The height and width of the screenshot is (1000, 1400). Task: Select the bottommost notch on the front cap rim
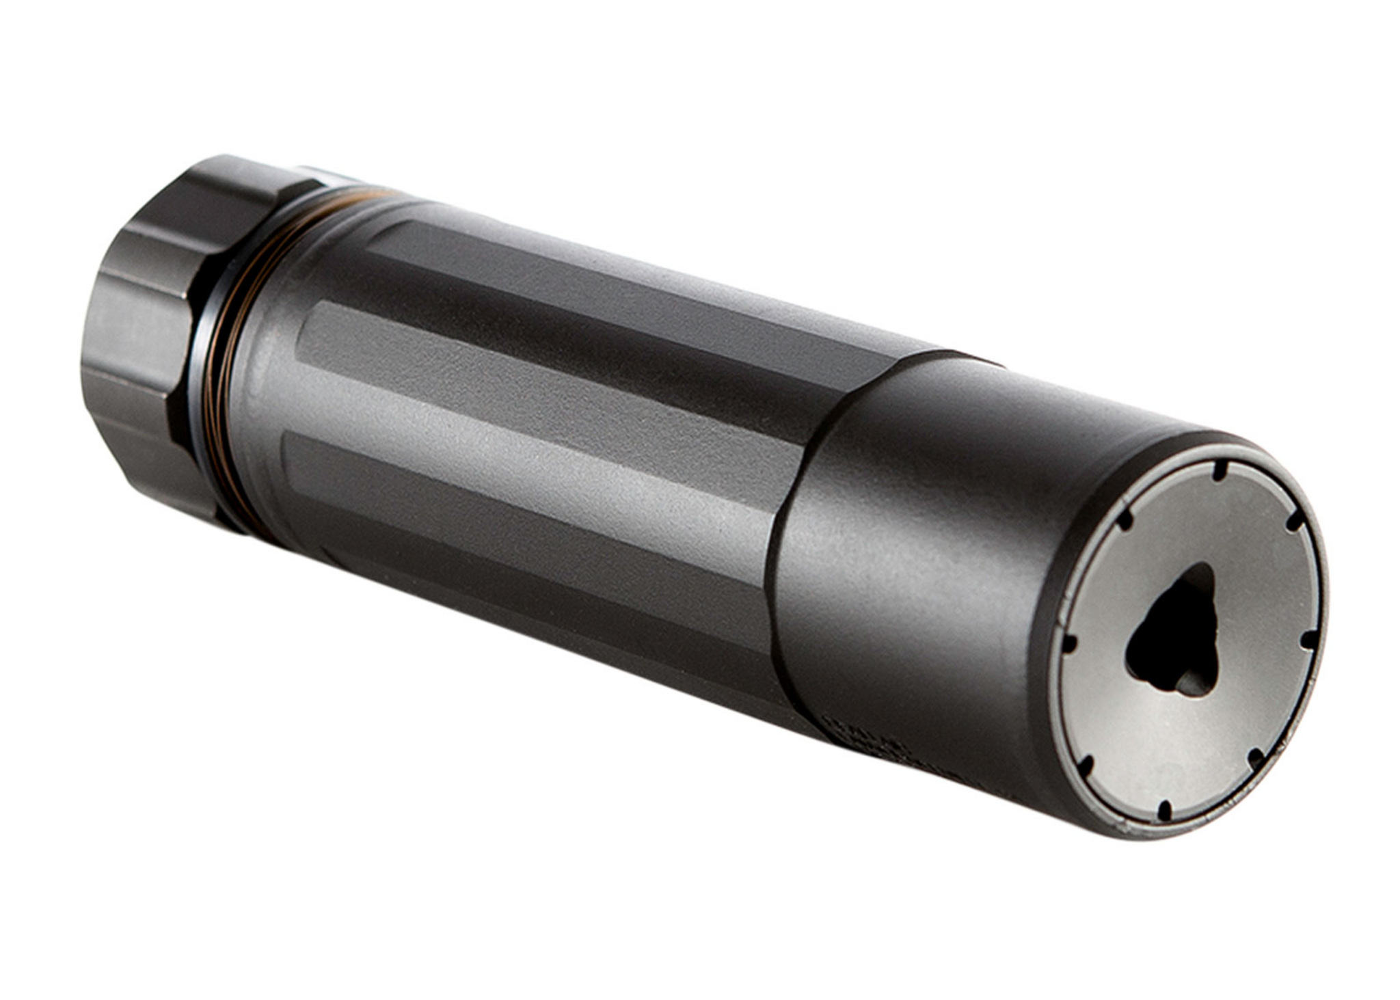pyautogui.click(x=1164, y=811)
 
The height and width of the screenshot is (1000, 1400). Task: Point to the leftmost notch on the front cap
pyautogui.click(x=1068, y=643)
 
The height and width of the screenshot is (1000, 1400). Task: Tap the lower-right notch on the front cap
pyautogui.click(x=1255, y=757)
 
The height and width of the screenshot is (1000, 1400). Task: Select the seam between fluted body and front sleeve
pyautogui.click(x=786, y=547)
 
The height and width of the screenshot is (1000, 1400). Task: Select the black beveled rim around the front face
pyautogui.click(x=1046, y=718)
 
